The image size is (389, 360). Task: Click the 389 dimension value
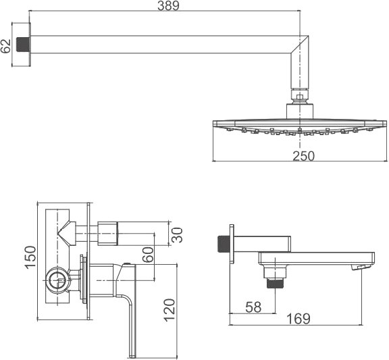168,5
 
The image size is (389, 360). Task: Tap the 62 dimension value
5,46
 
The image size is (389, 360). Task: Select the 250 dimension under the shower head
304,156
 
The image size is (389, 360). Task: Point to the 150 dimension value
30,257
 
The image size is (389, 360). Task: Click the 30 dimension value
178,234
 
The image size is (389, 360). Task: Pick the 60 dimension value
149,255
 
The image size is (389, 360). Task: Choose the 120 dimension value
170,311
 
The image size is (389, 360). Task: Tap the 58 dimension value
253,307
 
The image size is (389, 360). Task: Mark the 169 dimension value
299,319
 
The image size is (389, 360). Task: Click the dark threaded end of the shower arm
23,45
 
